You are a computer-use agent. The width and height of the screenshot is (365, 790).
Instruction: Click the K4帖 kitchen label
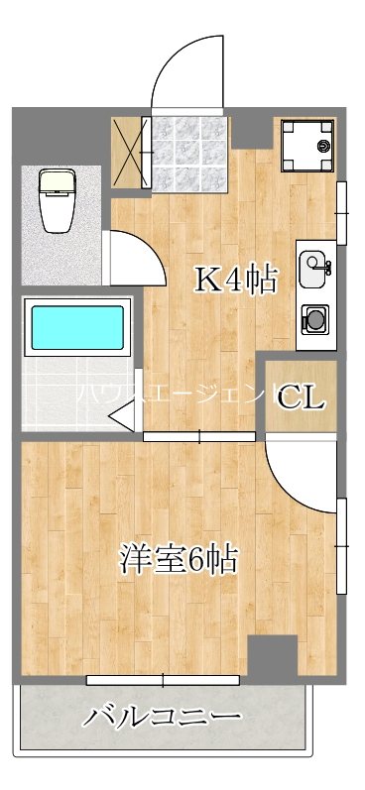click(233, 281)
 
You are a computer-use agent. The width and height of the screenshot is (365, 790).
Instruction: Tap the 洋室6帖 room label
click(179, 560)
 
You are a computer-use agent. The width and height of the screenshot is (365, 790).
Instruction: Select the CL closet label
click(301, 397)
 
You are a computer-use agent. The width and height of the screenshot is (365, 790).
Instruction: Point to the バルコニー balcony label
click(162, 716)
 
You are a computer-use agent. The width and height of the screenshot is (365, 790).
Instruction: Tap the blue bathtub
click(76, 327)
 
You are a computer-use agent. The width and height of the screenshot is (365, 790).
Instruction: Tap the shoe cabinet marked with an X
click(130, 153)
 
